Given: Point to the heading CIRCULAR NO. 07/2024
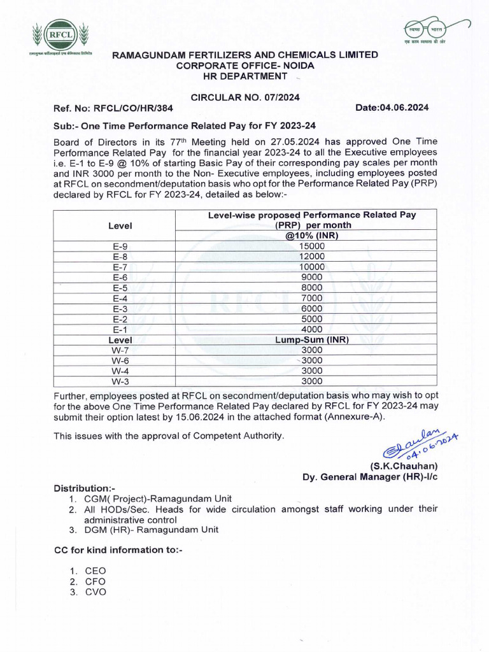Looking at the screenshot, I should [245, 97].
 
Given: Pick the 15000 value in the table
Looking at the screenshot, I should [312, 246].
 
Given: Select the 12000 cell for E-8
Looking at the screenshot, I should [312, 257].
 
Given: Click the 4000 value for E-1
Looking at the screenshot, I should [312, 329].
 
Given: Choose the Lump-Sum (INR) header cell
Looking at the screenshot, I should [312, 339].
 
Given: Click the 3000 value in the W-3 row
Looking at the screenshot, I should [312, 381].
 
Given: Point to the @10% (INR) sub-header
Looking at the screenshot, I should [312, 236].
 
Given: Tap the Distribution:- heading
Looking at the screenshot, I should [85, 488].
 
